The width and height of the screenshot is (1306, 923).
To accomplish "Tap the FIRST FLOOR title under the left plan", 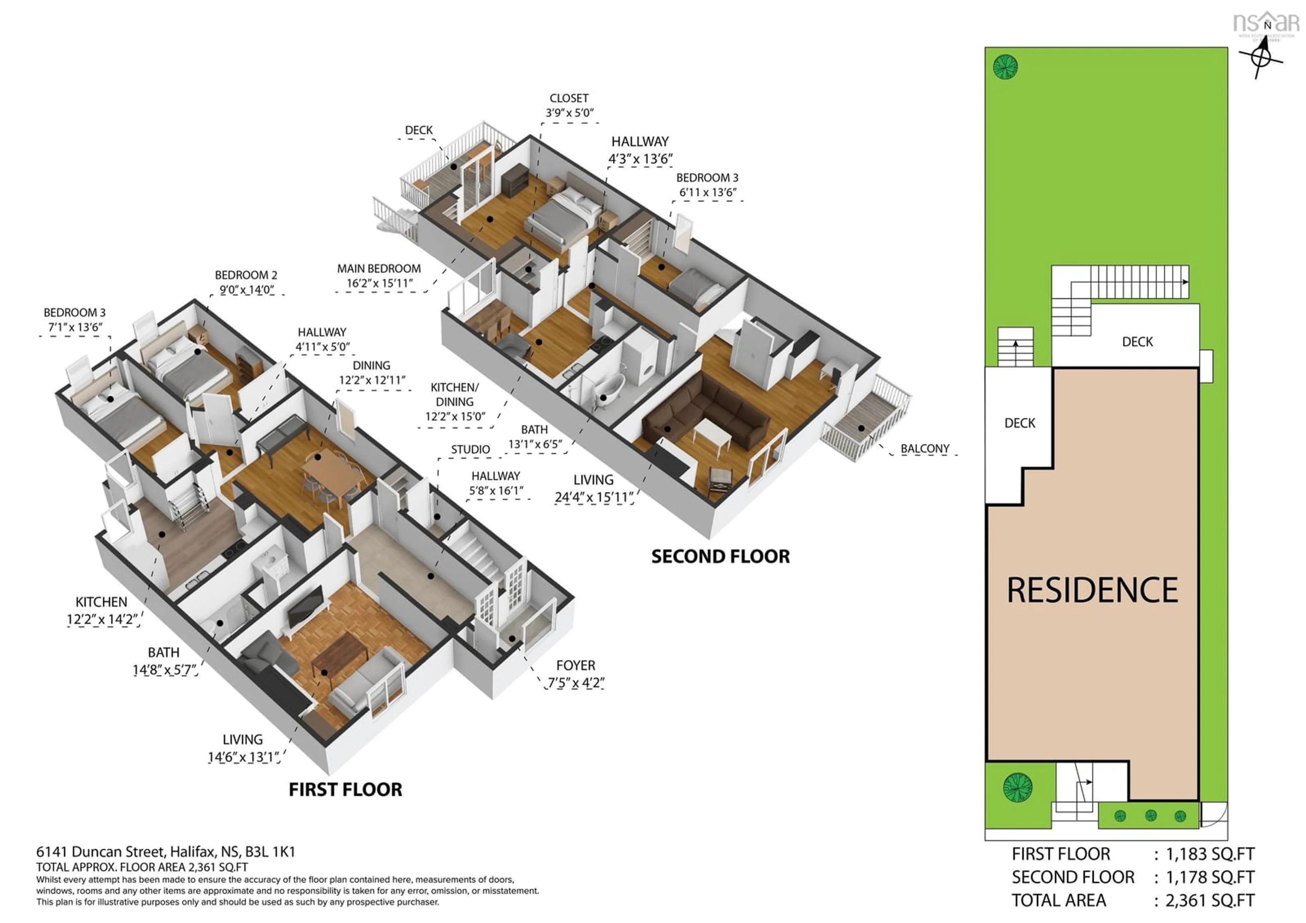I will (x=345, y=789).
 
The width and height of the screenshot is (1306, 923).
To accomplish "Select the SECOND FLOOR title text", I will (x=720, y=556).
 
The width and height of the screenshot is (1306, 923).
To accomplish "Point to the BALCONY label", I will (x=925, y=449).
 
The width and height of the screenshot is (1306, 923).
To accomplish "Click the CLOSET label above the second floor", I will (x=569, y=98).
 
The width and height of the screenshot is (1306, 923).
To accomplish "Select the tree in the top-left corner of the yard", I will (x=1005, y=67).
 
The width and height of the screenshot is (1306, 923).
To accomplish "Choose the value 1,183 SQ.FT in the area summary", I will (x=1210, y=854).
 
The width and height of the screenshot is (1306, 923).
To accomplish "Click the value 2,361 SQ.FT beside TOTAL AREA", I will (x=1210, y=900).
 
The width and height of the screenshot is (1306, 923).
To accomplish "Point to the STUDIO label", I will (x=470, y=449).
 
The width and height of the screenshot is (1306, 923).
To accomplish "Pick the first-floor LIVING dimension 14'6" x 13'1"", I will (x=243, y=757).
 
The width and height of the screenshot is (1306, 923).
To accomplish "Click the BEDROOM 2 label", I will (x=246, y=275).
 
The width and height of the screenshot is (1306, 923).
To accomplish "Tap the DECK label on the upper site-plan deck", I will (x=1137, y=342).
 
